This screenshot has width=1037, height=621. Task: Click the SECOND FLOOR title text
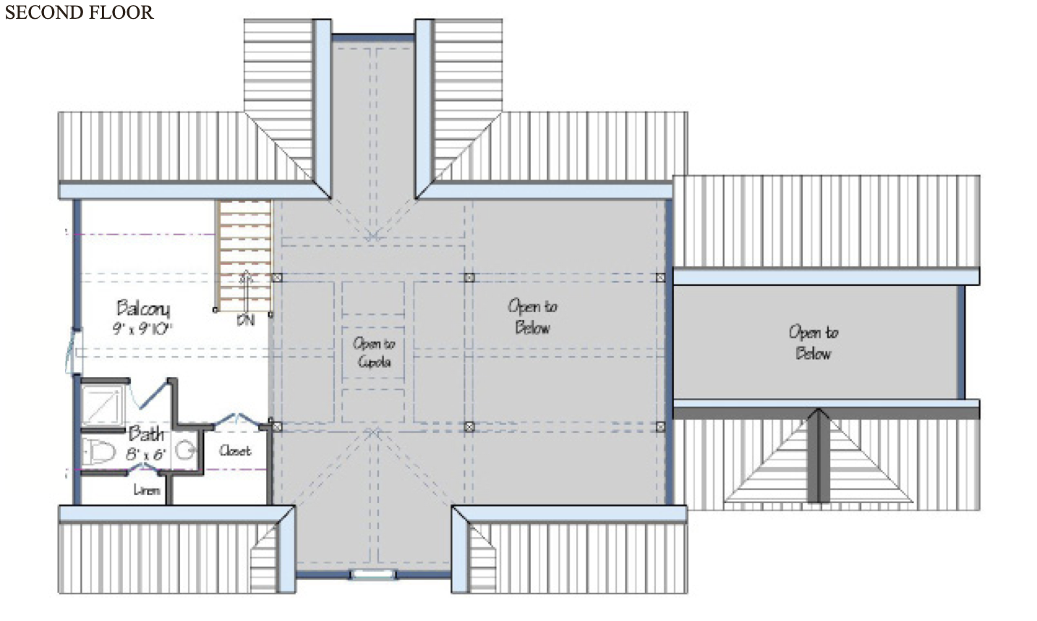tap(79, 12)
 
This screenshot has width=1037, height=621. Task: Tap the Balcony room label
tap(143, 308)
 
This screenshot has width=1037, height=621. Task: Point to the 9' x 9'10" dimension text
tap(142, 329)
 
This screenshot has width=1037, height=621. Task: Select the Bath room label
tap(146, 434)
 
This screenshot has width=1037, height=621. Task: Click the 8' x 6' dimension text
tap(146, 455)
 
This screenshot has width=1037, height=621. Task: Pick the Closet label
tap(235, 450)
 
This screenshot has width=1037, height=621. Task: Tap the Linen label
tap(146, 490)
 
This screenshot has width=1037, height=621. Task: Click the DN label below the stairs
tap(246, 320)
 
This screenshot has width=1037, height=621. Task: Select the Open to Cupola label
tap(374, 352)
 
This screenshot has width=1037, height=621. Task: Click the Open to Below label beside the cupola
tap(532, 316)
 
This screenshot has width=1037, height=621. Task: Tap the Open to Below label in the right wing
tap(814, 342)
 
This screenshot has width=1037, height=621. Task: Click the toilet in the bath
tap(100, 452)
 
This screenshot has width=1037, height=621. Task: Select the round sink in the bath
tap(187, 450)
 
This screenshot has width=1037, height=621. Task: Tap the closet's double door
tap(236, 419)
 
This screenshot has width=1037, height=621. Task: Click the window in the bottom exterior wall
tap(373, 574)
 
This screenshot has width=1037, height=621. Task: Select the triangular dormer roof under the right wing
tap(818, 463)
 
